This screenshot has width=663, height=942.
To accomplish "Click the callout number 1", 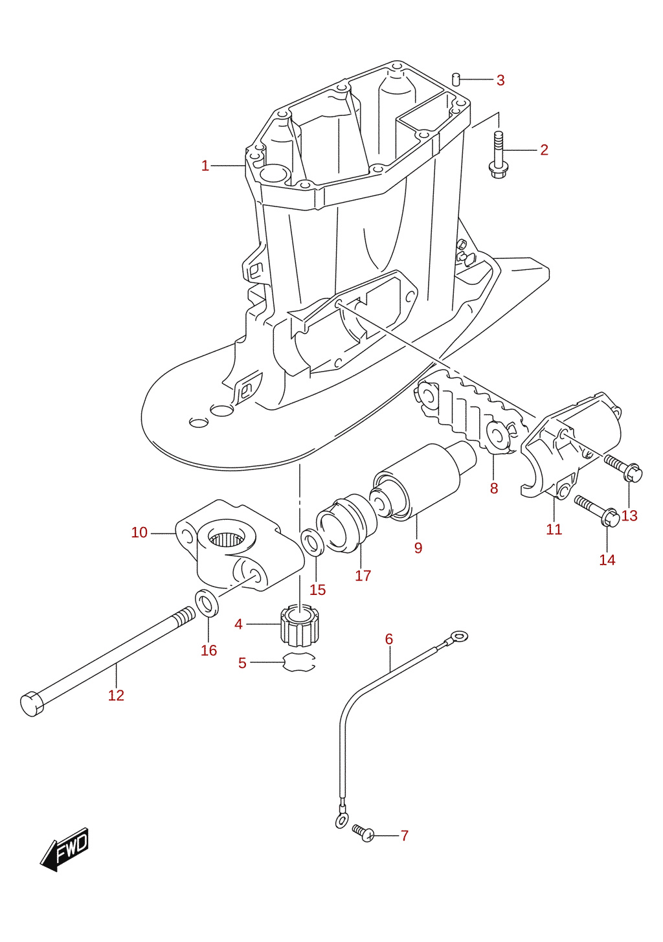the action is click(205, 166).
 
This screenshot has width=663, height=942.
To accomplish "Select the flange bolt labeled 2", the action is click(498, 154).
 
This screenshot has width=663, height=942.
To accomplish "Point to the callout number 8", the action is click(494, 488).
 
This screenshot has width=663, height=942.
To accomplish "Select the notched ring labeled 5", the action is click(299, 663).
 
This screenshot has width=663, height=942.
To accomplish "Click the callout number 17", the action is click(363, 576).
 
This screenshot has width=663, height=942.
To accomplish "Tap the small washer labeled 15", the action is click(312, 543).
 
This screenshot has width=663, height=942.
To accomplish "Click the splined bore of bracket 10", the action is click(228, 540).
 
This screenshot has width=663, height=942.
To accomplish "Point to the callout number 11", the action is click(554, 529).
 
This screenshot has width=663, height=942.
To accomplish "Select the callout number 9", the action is click(418, 548).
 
